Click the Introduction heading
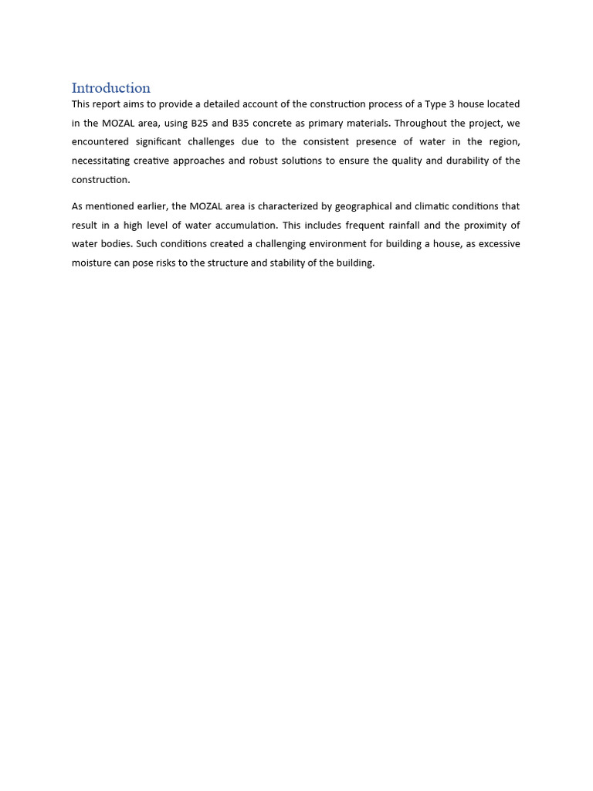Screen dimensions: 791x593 (x=110, y=88)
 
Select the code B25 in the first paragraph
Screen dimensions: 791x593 (x=200, y=123)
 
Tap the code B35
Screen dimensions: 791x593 (x=241, y=123)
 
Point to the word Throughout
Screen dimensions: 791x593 (x=422, y=123)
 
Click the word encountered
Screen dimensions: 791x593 (x=100, y=142)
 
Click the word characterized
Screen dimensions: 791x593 (x=294, y=206)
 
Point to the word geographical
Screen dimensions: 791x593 (x=363, y=206)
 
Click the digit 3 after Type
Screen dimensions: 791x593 (x=452, y=104)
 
